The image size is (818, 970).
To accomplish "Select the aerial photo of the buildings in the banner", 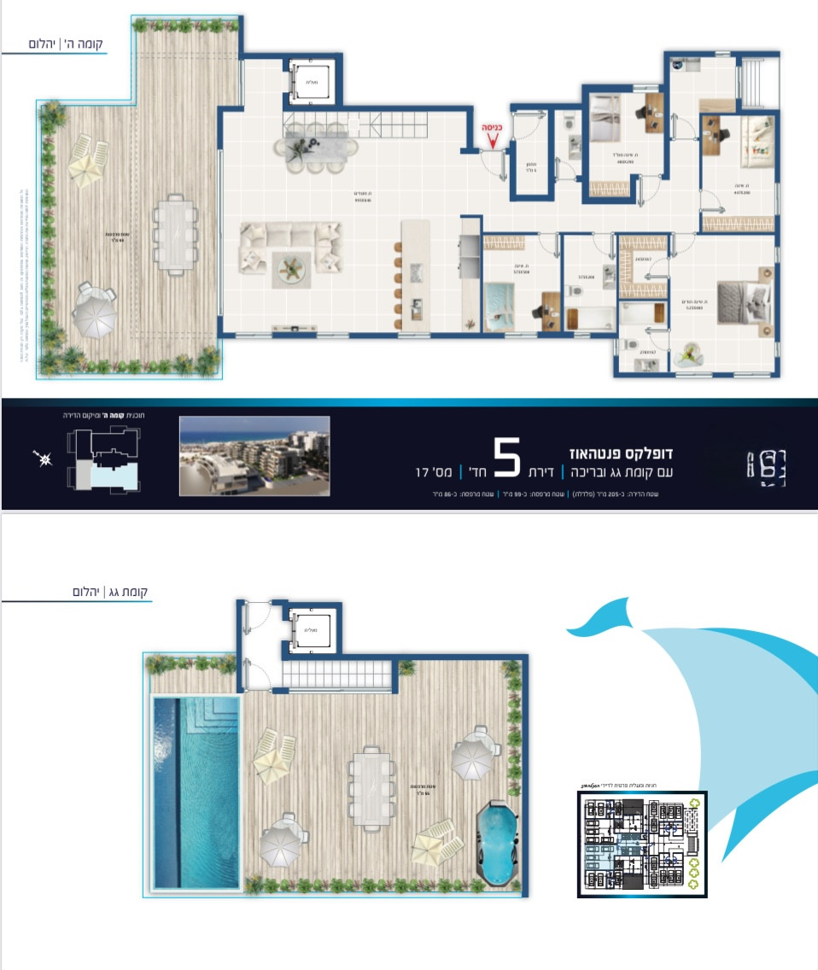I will pos(254,455).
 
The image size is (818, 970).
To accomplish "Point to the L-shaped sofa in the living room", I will pos(290,248).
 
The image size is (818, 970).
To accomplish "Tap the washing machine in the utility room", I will pos(681,65).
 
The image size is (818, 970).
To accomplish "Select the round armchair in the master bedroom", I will pos(689,352).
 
